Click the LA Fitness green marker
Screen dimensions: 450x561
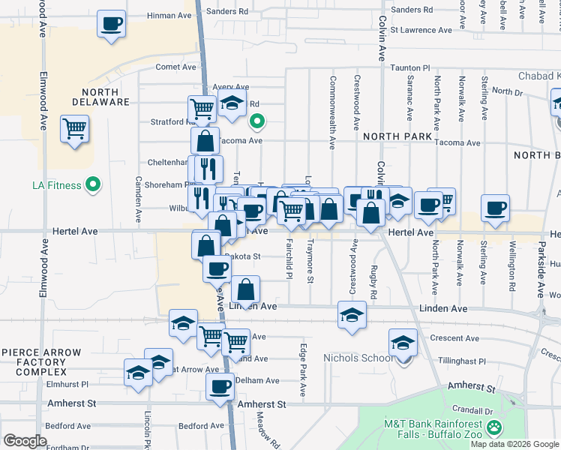click(93, 184)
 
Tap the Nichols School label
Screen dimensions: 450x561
click(358, 358)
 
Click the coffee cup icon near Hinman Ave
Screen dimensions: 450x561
click(111, 24)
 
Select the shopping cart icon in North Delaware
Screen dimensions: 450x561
click(75, 130)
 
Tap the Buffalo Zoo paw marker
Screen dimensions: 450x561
click(494, 428)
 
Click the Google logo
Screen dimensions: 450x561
click(25, 441)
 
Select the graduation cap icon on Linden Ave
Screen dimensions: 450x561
click(351, 316)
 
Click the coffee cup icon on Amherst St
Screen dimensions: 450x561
click(220, 387)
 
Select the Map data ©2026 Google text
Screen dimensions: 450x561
click(514, 444)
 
